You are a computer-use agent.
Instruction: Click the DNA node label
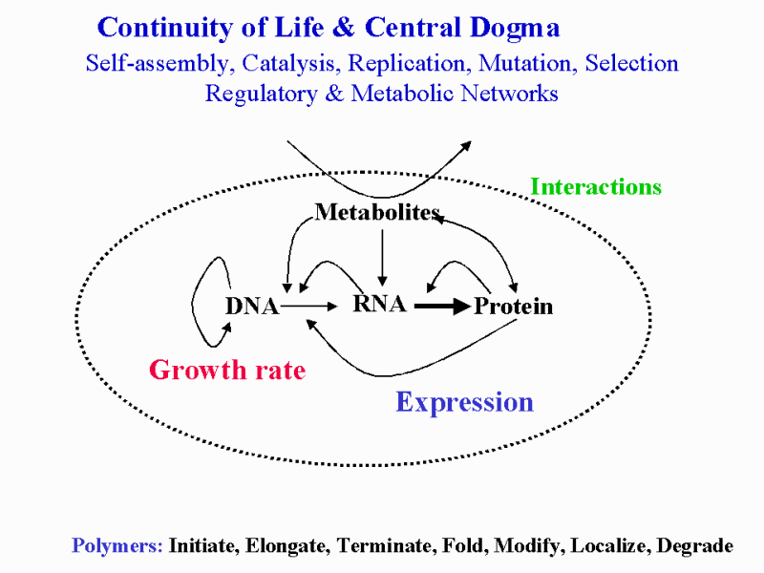pos(252,306)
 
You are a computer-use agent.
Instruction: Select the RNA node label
pos(379,304)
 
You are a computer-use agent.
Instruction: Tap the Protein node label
pos(513,306)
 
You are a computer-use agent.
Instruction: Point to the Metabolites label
pos(377,212)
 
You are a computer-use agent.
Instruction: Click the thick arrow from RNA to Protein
pos(442,307)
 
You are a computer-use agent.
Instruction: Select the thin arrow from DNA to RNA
pos(308,306)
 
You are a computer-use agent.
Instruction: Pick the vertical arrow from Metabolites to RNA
pos(382,257)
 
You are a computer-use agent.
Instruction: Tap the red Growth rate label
pos(227,370)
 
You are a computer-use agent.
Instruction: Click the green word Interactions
pos(596,186)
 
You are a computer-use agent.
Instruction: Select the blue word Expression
pos(464,402)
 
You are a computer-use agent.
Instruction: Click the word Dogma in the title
pos(515,28)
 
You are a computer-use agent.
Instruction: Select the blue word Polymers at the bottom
pos(117,545)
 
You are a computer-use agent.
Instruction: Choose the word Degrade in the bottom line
pos(695,545)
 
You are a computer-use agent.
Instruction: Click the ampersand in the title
pos(345,28)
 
